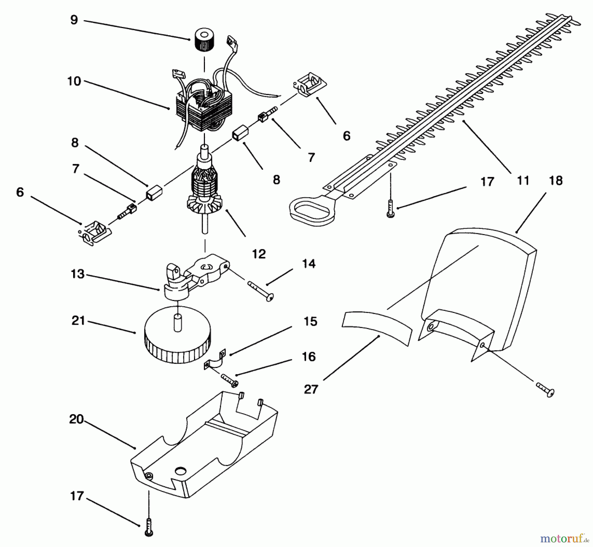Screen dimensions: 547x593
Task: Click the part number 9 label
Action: point(74,20)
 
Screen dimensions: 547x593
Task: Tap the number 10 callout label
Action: point(74,81)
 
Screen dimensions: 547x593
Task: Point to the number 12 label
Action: point(259,254)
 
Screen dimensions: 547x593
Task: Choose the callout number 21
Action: point(78,320)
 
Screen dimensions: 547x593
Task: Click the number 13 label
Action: point(77,274)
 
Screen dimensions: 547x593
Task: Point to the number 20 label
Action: point(76,419)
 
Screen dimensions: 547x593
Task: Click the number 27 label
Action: point(311,389)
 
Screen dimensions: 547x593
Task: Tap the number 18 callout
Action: point(556,181)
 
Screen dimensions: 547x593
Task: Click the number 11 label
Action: point(523,181)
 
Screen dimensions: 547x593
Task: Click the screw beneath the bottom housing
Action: point(149,529)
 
